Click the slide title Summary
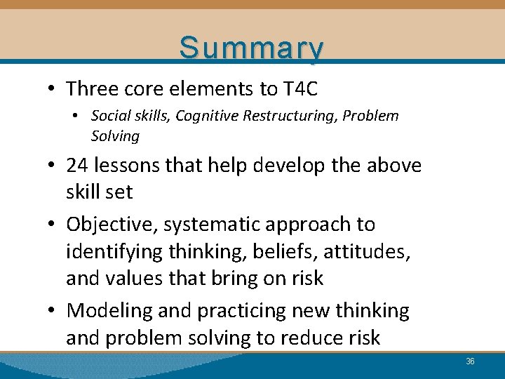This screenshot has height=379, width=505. coord(252,48)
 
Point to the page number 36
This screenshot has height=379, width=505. coord(471,361)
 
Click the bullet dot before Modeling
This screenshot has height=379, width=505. coord(54,311)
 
